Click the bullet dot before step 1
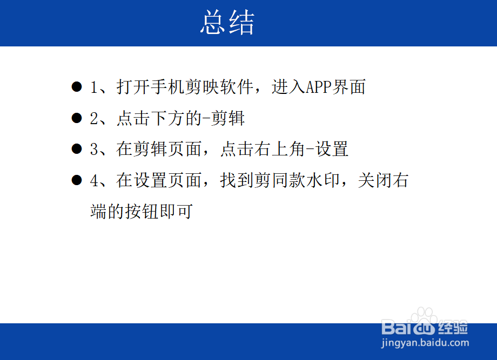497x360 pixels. [77, 87]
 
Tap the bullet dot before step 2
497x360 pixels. [77, 118]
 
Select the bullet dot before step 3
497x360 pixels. [77, 150]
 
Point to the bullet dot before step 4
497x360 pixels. [77, 181]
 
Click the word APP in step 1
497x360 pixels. [318, 87]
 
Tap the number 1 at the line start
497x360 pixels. [94, 87]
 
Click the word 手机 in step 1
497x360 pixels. [167, 87]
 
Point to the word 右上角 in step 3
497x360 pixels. [271, 150]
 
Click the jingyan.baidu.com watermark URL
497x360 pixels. [425, 342]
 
